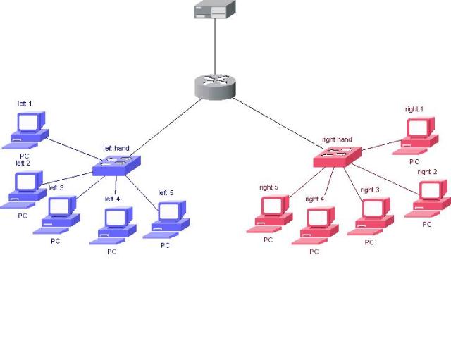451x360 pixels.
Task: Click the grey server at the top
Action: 214,9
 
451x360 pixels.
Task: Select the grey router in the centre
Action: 214,87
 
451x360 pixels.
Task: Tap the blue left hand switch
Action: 116,164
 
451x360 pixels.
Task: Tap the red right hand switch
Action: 338,157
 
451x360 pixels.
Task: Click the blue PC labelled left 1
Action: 27,129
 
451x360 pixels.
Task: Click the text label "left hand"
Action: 116,148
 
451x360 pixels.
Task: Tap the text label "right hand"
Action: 337,140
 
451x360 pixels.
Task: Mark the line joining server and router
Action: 214,46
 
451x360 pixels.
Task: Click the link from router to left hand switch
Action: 165,126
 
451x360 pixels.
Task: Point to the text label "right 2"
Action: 427,172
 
